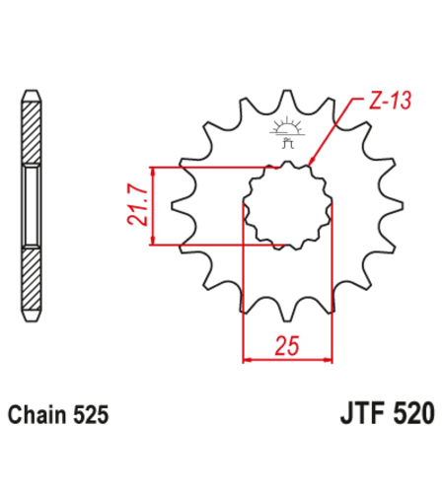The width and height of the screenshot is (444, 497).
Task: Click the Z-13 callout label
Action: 390,101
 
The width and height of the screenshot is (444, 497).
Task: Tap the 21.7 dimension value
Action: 138,205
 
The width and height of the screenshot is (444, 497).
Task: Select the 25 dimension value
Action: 287,346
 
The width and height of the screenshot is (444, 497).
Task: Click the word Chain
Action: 37,414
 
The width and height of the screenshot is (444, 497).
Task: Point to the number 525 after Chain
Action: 91,414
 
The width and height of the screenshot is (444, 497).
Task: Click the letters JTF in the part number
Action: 362,413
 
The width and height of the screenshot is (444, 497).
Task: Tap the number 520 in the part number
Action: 413,413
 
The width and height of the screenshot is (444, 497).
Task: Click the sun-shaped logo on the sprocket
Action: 287,132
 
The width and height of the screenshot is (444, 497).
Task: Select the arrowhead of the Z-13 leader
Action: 311,160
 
